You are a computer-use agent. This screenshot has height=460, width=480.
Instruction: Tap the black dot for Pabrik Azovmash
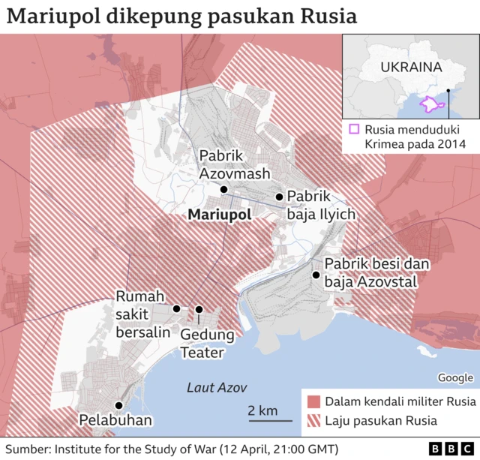coord(223,190)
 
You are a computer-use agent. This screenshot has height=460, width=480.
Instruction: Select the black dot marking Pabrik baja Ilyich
coord(279,197)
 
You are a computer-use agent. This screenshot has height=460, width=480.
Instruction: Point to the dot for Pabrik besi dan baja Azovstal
coord(316,275)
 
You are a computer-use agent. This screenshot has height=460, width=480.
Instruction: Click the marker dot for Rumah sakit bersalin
coord(176,308)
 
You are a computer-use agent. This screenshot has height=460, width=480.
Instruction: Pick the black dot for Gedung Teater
coord(199,309)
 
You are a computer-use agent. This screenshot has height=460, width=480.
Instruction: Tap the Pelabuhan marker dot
coord(118,405)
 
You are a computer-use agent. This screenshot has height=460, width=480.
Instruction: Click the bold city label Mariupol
coord(220,215)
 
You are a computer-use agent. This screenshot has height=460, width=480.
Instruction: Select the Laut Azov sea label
coord(216,387)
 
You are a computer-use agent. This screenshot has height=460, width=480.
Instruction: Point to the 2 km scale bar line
coord(265,421)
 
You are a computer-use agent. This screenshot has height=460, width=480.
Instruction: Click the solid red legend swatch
coord(313,401)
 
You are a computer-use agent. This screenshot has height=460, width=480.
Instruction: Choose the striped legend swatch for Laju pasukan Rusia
coord(313,421)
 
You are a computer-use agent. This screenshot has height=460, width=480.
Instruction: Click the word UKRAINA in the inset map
coord(410,67)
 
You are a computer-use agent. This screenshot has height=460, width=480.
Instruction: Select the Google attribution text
coord(455,377)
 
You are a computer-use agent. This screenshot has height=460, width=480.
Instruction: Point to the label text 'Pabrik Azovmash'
coord(223,164)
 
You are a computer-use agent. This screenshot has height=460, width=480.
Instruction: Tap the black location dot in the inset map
coord(448,92)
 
